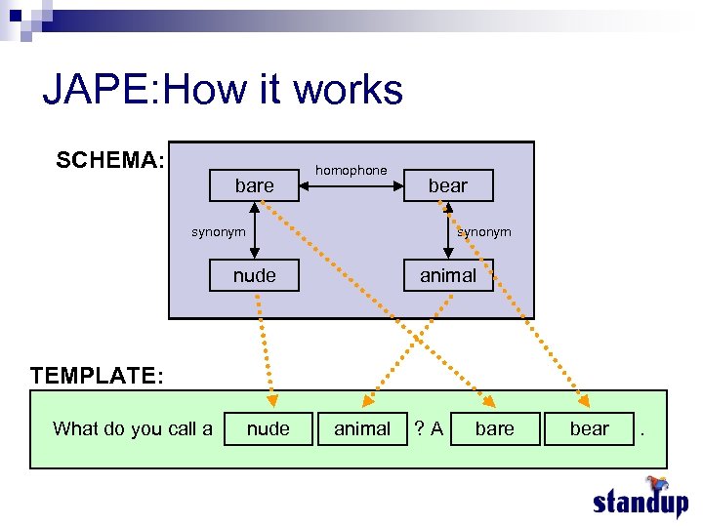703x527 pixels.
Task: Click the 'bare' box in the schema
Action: [254, 185]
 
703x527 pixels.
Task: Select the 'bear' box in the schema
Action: [448, 185]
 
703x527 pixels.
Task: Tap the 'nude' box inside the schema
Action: [254, 275]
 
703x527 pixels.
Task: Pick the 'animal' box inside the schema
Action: [448, 275]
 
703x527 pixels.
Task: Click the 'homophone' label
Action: [351, 170]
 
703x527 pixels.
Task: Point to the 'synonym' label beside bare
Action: [218, 231]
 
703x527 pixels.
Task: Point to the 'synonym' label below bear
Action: [484, 231]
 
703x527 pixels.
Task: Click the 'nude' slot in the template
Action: [269, 428]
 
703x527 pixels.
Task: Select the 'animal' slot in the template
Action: [362, 428]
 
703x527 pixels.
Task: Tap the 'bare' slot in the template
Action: [494, 428]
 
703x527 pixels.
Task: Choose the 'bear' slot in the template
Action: [589, 428]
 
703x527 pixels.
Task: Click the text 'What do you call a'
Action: [133, 428]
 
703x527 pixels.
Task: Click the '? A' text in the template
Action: [429, 428]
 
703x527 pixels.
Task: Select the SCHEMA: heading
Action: [110, 160]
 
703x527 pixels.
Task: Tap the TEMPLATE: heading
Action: [97, 375]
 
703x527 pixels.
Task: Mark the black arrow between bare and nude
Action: [254, 230]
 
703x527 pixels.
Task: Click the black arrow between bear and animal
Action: [448, 230]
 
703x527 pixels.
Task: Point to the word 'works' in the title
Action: [348, 91]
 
